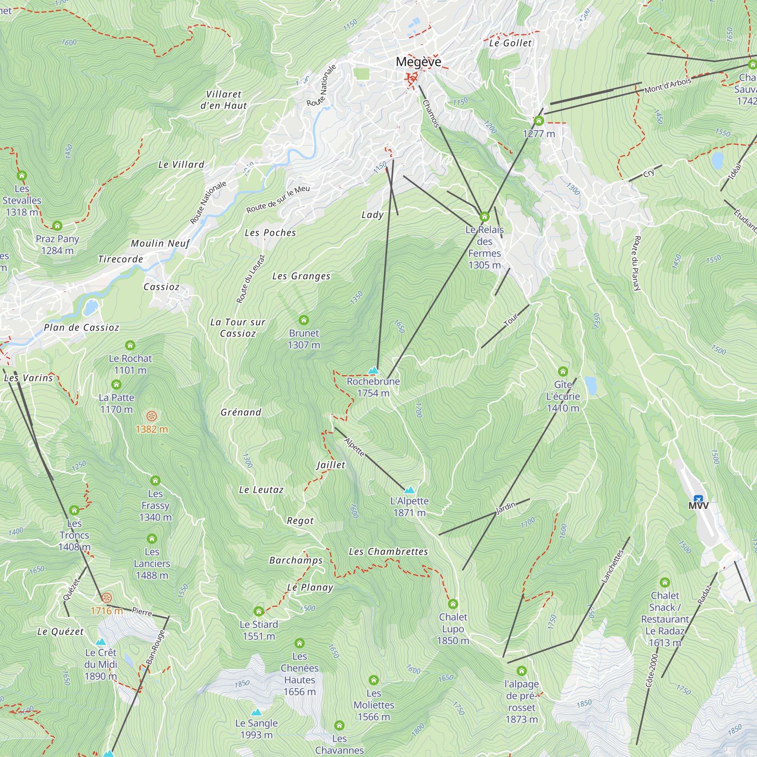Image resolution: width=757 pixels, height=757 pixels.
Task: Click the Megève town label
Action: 418,62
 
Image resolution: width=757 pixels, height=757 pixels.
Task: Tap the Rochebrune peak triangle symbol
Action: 374,370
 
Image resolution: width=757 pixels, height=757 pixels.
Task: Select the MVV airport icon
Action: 698,499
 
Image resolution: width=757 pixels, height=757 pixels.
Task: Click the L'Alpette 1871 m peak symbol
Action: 410,490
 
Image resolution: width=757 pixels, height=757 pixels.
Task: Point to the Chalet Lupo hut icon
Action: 453,604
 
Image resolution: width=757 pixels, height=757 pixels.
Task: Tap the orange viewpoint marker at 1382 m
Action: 152,416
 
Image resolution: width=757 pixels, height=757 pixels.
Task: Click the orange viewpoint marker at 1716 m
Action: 107,598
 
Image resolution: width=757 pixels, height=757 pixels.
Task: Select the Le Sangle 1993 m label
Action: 256,728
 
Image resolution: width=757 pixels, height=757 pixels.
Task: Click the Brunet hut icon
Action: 304,320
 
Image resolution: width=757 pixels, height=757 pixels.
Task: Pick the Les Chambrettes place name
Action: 388,552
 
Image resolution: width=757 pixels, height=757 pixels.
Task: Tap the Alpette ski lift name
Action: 354,447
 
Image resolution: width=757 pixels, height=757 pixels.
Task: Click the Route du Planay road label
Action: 637,263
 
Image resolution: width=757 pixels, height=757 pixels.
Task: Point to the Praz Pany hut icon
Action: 57,226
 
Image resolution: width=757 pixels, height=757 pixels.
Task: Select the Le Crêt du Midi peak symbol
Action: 101,642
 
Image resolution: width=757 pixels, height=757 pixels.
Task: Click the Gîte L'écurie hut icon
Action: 563,371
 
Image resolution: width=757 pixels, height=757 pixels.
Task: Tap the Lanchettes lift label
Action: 612,566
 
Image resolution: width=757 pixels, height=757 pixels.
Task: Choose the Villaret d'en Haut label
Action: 224,100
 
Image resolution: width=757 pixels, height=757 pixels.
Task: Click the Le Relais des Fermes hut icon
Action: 484,217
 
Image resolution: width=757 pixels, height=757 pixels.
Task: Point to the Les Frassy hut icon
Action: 155,480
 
